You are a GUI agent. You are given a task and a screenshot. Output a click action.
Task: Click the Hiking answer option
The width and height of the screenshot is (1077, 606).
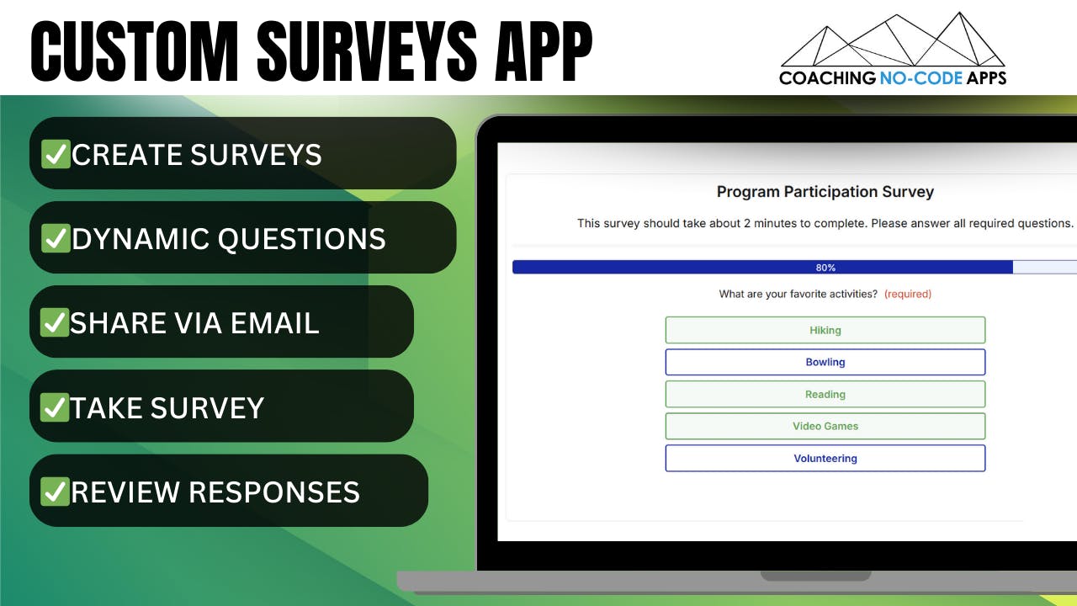tap(825, 330)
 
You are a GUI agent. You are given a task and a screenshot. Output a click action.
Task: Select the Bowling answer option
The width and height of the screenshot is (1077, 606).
tap(825, 362)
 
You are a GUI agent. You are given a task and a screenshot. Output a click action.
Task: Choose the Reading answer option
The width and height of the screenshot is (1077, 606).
tap(825, 395)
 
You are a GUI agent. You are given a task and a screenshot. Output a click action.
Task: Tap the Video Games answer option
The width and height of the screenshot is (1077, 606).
tap(825, 426)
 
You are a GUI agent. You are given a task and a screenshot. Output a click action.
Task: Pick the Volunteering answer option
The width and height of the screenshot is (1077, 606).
tap(825, 459)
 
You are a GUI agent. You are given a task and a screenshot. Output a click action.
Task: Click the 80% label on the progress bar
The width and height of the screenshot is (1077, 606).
tap(825, 268)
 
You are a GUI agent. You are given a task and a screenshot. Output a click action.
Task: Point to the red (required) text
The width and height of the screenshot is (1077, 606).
tap(908, 294)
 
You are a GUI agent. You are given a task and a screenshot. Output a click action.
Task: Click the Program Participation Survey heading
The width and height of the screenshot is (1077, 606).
tap(825, 192)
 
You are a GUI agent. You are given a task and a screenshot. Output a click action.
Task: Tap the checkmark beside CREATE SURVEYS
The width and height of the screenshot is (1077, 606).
tap(56, 154)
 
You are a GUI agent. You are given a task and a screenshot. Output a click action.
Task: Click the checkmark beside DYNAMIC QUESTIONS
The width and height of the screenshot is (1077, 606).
tap(56, 238)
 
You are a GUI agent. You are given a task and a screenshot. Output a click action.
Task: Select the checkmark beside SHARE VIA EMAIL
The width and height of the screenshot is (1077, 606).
tap(55, 322)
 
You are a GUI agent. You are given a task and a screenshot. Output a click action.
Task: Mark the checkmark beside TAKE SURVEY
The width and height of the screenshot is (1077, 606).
tap(55, 407)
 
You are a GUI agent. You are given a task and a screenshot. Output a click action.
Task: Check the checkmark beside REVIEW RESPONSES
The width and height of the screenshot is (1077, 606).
tap(56, 492)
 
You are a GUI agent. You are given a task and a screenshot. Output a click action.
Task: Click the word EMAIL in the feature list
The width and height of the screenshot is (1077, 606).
tap(275, 322)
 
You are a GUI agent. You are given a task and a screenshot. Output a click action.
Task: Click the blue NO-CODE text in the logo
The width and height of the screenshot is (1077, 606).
tap(921, 78)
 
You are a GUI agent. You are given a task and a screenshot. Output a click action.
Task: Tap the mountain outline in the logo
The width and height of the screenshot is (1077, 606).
tap(893, 40)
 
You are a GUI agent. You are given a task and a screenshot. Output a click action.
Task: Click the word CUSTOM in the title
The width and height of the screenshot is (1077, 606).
tap(134, 51)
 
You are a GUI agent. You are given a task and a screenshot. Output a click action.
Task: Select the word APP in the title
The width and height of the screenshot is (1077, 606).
tap(544, 51)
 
